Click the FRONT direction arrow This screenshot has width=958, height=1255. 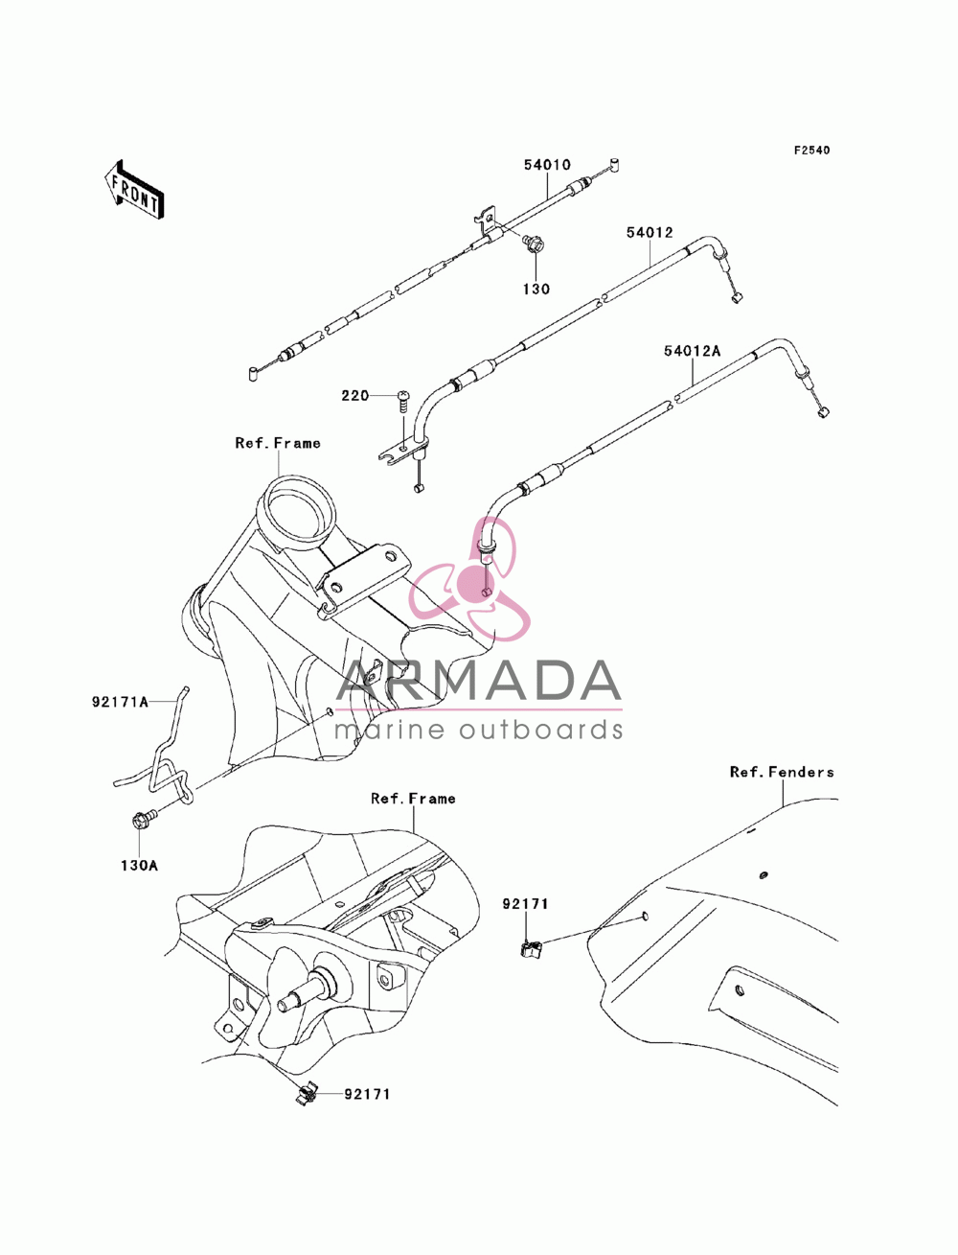(x=134, y=189)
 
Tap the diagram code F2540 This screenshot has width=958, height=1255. (x=811, y=151)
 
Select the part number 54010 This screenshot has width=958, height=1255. (x=547, y=165)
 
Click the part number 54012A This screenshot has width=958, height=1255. (x=692, y=351)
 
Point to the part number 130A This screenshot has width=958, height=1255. (x=139, y=866)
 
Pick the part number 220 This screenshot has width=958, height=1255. (x=354, y=396)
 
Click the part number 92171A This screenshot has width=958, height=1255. (x=120, y=702)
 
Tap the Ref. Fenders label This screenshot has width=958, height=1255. (x=782, y=773)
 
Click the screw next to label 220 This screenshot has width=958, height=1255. (x=403, y=402)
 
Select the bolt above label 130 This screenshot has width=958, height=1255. (x=533, y=244)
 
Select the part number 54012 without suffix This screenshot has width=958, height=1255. (x=650, y=233)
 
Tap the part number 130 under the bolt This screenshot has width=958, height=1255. (x=536, y=290)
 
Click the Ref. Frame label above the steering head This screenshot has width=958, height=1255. (x=278, y=443)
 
